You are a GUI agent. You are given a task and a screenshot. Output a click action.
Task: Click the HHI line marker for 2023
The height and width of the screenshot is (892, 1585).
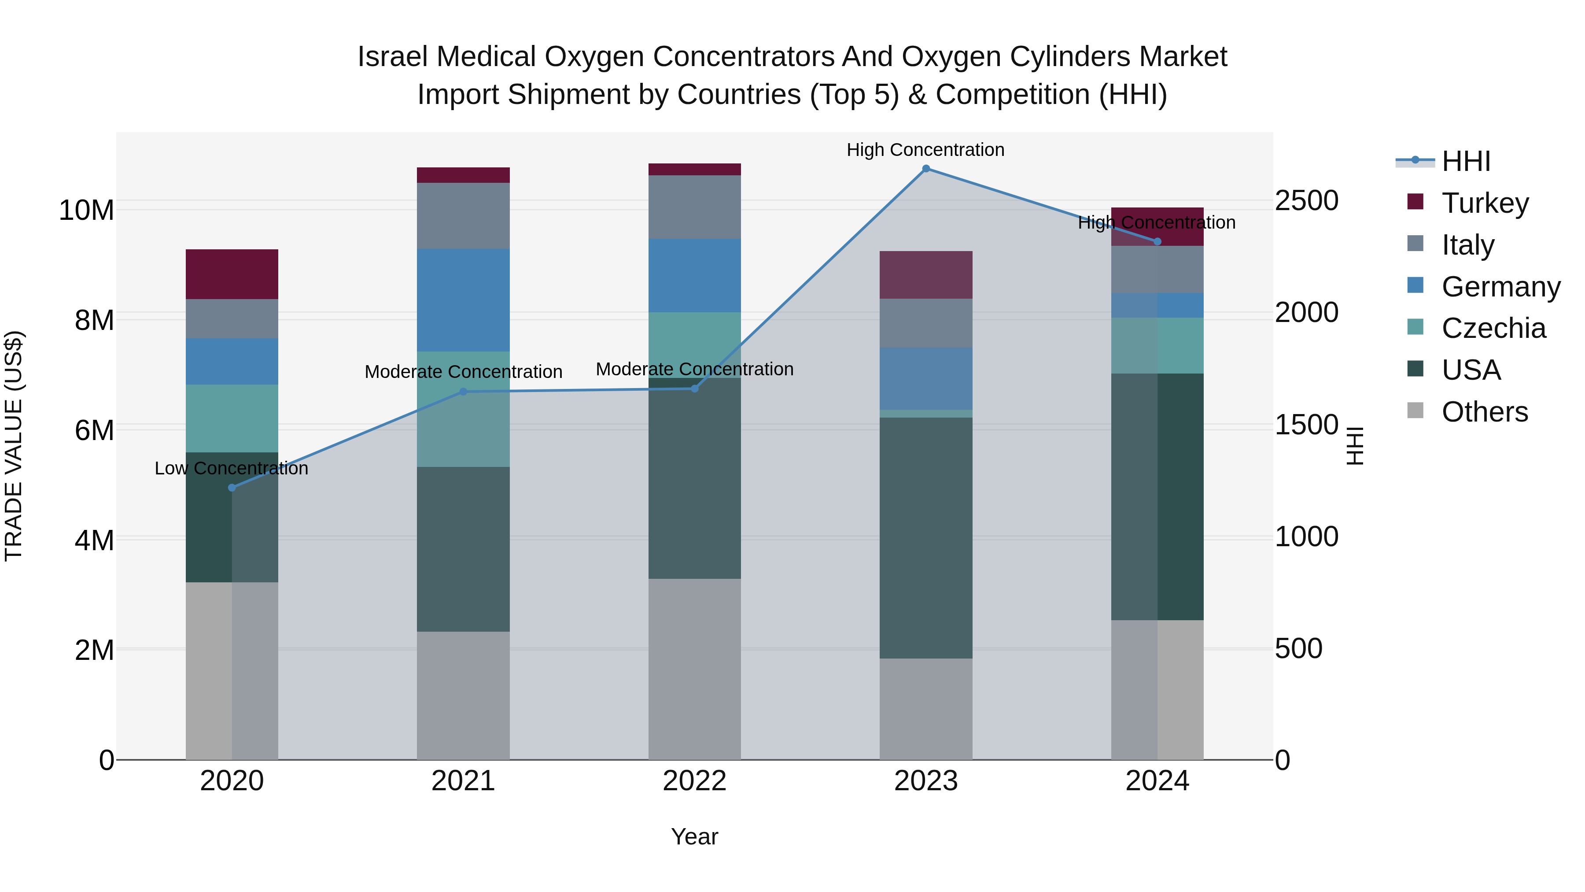tap(925, 169)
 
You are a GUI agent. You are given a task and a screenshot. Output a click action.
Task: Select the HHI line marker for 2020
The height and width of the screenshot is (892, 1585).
tap(232, 488)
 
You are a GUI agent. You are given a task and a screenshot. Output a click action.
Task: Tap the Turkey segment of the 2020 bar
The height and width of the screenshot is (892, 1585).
tap(232, 274)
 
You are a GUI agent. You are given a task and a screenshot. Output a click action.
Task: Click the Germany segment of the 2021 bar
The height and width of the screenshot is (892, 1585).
tap(463, 300)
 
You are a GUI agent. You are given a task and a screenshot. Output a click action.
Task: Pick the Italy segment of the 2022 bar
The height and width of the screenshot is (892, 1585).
tap(695, 207)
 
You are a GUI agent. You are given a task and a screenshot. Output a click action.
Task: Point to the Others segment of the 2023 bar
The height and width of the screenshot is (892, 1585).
tap(925, 709)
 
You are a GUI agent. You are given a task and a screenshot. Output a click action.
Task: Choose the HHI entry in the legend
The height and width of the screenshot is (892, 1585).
tap(1466, 161)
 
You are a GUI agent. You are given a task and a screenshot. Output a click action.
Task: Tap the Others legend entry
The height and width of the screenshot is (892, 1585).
tap(1484, 412)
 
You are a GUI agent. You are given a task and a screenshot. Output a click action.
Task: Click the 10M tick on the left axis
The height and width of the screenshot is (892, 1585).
tap(86, 211)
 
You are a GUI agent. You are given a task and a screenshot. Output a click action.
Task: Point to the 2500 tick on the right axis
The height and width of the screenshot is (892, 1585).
tap(1306, 201)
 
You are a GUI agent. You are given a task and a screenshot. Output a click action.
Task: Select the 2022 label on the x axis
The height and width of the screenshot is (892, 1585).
tap(695, 781)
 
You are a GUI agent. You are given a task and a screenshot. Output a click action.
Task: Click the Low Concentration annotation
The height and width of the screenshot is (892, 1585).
tap(231, 469)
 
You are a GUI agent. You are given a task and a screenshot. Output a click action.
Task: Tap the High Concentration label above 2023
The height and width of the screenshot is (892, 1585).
tap(925, 150)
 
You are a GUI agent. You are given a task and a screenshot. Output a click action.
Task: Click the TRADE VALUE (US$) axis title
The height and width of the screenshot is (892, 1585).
tap(14, 446)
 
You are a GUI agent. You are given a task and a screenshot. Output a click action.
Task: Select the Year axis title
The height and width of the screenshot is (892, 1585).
tap(695, 836)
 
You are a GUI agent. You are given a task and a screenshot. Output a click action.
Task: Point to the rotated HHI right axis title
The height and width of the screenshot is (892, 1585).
tap(1355, 446)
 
